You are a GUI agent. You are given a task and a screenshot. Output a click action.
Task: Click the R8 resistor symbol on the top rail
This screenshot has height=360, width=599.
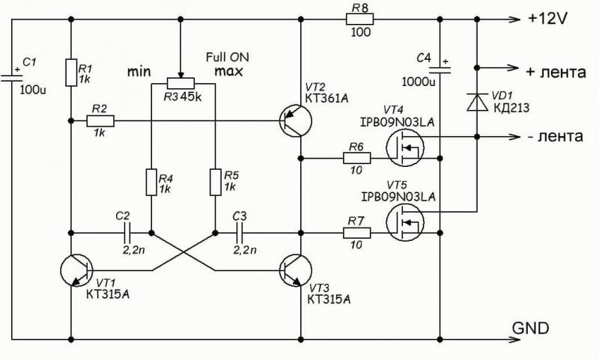coord(359,19)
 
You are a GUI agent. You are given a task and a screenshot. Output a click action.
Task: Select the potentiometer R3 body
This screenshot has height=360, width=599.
coord(180,83)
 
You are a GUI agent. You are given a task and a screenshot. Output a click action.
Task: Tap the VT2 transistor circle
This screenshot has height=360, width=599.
coord(295,120)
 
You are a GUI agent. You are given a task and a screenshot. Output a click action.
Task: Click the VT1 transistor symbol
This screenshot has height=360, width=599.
coord(77,270)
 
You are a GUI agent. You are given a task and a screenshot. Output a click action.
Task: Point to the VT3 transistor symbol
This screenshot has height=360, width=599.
coord(295,270)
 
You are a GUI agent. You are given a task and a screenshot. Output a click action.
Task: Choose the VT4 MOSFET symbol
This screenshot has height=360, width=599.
coord(405,147)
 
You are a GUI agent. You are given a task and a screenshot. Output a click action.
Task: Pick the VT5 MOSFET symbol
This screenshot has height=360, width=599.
coord(405,222)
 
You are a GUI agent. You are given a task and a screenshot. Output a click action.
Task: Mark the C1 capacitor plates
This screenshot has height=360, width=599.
coord(11,79)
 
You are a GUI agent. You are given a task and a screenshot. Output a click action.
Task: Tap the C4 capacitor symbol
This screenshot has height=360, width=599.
coord(440,70)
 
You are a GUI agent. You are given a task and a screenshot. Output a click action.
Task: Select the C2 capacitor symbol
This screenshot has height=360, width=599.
coord(127,233)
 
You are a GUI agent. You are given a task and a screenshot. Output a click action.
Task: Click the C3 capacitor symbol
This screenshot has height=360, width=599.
coord(240,233)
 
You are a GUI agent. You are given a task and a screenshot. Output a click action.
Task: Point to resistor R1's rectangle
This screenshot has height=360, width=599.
coord(71,73)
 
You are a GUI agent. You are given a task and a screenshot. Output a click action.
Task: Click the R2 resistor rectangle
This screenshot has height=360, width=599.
coord(100,121)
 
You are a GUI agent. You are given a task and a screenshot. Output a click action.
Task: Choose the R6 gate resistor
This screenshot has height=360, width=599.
coord(357,158)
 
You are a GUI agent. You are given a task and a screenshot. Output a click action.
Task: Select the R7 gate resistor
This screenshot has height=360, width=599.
coord(357,233)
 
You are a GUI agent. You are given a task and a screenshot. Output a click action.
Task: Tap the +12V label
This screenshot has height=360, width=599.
coord(547,18)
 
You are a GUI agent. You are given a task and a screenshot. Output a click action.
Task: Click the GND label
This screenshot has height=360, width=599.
coord(530,329)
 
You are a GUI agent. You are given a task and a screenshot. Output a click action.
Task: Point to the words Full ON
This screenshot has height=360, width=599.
coord(228,58)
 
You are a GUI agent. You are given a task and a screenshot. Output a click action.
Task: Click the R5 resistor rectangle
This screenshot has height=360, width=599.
coord(216,182)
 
